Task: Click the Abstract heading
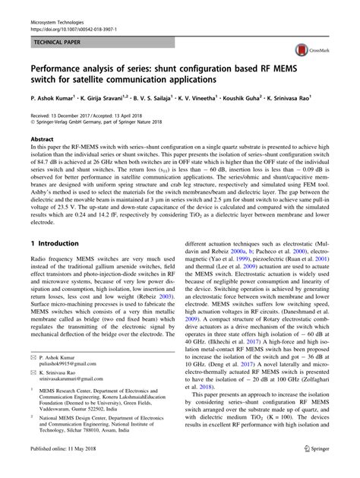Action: point(41,141)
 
